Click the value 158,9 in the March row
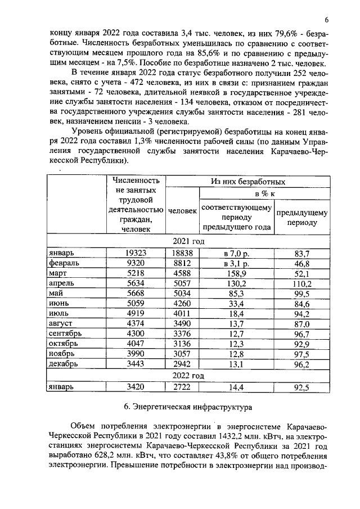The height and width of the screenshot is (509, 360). (236, 274)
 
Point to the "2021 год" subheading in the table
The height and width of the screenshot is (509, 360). (188, 241)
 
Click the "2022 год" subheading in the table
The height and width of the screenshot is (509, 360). (188, 375)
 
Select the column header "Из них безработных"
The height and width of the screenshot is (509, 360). (247, 182)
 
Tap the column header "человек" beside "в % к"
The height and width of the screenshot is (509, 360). (182, 211)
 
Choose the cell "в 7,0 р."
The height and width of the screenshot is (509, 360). (236, 254)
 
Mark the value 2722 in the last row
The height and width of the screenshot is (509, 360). (182, 387)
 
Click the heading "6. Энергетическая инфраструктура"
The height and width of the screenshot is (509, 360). (187, 406)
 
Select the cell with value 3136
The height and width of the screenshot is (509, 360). (182, 344)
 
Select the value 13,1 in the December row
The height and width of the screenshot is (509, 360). (236, 364)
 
